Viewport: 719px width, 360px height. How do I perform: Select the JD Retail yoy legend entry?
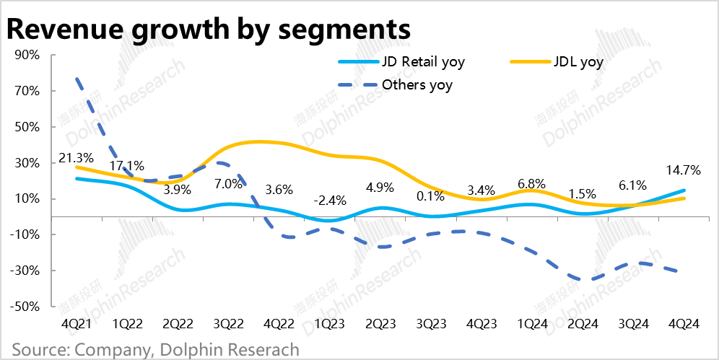(x=423, y=61)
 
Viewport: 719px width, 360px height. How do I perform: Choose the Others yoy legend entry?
(x=417, y=85)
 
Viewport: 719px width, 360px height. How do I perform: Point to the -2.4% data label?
(x=330, y=200)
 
